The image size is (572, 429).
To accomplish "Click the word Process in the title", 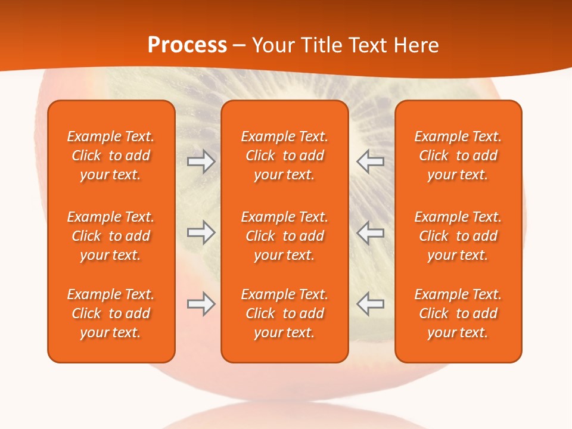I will click(187, 45).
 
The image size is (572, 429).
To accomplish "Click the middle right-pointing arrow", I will click(201, 232).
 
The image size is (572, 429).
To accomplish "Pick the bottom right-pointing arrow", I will click(201, 304).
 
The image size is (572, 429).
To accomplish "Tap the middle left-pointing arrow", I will click(370, 232).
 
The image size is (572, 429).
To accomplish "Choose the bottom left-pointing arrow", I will click(370, 304).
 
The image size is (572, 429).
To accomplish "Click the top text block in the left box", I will click(111, 156).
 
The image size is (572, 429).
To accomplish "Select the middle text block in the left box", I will click(111, 236).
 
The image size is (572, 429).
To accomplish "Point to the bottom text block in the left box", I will click(111, 313).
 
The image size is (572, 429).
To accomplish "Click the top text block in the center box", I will click(284, 156).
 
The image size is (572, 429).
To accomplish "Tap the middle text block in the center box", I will click(284, 236).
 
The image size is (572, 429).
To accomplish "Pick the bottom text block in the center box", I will click(284, 313).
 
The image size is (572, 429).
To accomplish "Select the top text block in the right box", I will click(458, 156).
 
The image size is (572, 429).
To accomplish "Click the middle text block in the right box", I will click(458, 236).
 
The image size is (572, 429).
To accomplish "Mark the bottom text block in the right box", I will click(458, 313).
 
